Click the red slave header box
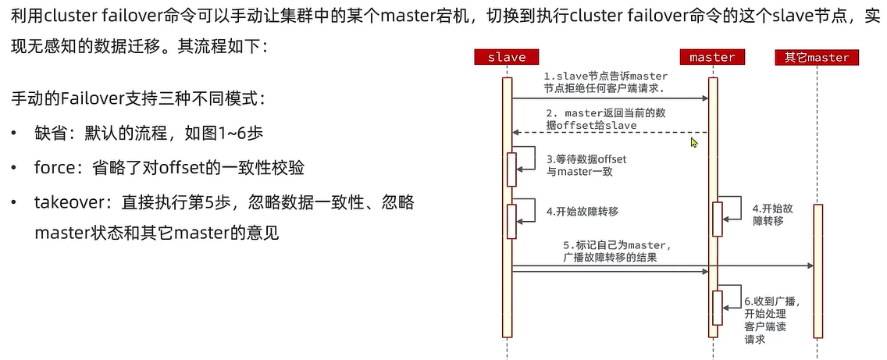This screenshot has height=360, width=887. pos(506,57)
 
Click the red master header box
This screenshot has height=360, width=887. pos(712,57)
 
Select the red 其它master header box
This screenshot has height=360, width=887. pos(817,57)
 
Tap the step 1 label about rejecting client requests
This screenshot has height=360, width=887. pos(606,82)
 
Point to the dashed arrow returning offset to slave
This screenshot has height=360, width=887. pos(609,132)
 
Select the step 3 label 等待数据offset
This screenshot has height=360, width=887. pos(586,165)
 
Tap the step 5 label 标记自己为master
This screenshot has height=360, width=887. pos(617,251)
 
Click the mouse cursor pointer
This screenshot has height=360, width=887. pos(693,142)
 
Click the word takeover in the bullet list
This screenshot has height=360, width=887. pos(70,202)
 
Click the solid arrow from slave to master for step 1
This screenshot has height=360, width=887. pos(609,98)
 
